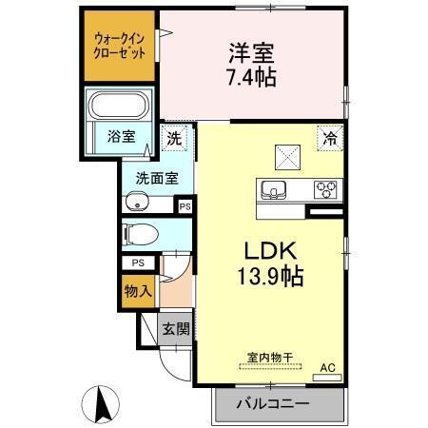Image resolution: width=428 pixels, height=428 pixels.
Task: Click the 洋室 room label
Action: [251, 53]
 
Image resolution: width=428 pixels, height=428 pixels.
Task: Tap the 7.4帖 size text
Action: [251, 77]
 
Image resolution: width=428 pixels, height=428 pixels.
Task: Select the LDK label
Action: [270, 251]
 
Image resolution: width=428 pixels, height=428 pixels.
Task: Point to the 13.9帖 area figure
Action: [270, 276]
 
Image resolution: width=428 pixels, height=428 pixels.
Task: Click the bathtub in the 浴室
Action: [119, 106]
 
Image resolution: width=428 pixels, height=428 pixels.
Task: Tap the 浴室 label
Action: [122, 136]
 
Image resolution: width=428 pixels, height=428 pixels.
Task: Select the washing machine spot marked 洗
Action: [174, 138]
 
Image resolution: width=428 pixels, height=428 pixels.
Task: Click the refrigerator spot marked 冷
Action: [330, 138]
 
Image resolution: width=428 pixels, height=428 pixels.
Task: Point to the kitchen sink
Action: [274, 189]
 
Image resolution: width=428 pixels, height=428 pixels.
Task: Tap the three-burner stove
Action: [325, 189]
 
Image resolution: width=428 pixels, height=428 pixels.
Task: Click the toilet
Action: [140, 235]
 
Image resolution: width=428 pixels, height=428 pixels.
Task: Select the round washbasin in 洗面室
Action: [137, 202]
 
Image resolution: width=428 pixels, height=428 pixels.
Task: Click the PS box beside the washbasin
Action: [185, 206]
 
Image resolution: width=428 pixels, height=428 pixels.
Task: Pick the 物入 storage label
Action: [138, 291]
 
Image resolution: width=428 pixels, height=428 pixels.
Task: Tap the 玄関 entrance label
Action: [176, 329]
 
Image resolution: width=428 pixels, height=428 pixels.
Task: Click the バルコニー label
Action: [273, 404]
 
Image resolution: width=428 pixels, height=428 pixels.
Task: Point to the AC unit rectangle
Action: [327, 378]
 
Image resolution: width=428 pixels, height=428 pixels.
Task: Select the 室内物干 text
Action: [270, 358]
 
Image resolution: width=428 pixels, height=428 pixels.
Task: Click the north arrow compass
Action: [101, 404]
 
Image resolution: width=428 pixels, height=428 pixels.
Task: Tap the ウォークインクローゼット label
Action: [120, 46]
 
